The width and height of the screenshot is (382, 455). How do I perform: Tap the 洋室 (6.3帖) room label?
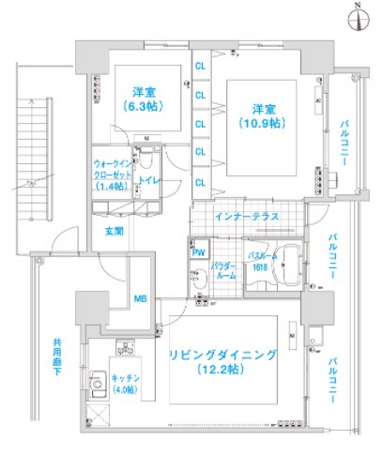[x=143, y=99]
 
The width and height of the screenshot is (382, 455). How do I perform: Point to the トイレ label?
[x=146, y=178]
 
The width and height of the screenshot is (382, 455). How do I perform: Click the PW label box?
[x=199, y=251]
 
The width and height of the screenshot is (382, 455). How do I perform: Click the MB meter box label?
[x=141, y=299]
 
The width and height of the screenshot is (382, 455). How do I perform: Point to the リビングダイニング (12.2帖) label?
[x=222, y=363]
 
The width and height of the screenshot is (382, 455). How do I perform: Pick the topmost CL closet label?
[x=199, y=67]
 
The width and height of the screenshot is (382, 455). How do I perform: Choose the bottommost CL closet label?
[x=199, y=181]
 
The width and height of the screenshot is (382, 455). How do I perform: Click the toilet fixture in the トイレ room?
[x=145, y=155]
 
